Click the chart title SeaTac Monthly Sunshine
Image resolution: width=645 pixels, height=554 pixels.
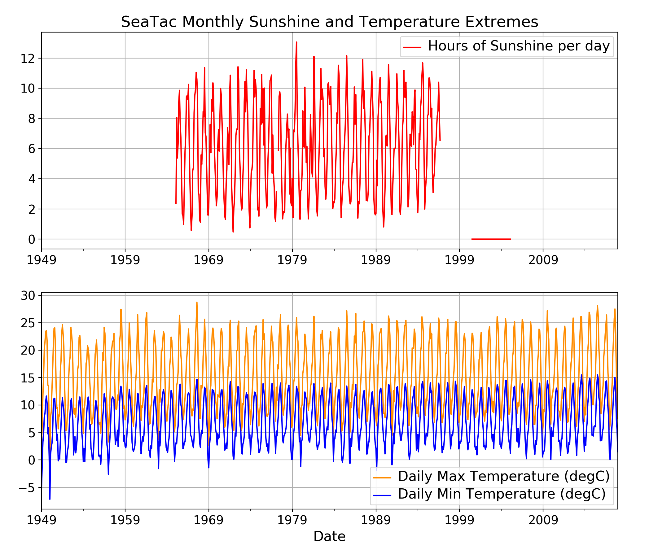(x=329, y=22)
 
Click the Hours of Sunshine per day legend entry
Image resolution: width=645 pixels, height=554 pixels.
(x=518, y=46)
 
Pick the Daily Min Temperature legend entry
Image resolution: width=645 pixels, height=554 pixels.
(x=502, y=494)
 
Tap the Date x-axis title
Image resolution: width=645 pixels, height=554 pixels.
(x=329, y=536)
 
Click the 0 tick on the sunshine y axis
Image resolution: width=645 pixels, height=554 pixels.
(x=32, y=240)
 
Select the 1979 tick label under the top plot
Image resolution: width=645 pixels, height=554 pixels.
(x=292, y=260)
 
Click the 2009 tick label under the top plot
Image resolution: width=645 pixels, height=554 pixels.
(x=543, y=260)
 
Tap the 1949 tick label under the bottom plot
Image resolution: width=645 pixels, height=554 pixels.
(x=42, y=520)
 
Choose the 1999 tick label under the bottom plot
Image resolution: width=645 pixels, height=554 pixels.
(x=459, y=520)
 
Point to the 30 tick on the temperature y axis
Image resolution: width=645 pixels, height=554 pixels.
(x=28, y=296)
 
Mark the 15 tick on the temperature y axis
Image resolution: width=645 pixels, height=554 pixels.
(x=28, y=378)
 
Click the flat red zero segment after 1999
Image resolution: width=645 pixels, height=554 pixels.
(x=491, y=239)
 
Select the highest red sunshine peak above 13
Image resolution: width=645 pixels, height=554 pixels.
(x=296, y=42)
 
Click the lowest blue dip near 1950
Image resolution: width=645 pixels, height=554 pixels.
(x=50, y=499)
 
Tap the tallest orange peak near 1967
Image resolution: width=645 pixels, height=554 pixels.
(x=197, y=303)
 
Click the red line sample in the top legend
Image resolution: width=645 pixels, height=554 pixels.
(x=412, y=47)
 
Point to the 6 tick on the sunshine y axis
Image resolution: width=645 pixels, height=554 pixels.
(x=32, y=149)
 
